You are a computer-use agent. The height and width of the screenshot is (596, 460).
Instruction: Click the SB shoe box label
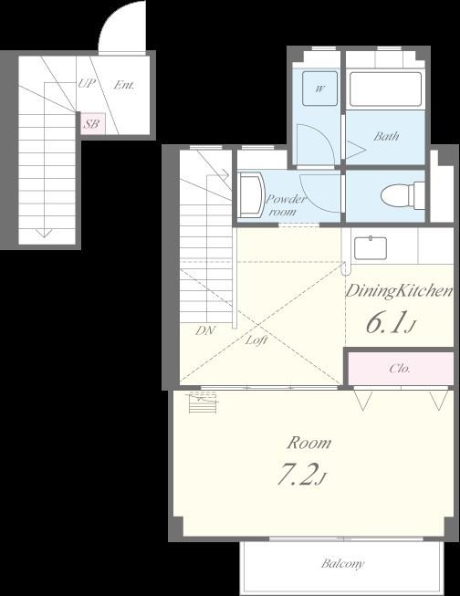(91, 124)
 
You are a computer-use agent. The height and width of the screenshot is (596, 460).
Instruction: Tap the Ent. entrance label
(124, 85)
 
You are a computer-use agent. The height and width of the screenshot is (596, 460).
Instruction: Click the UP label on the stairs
(87, 83)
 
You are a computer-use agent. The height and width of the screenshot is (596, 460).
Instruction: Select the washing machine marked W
(319, 89)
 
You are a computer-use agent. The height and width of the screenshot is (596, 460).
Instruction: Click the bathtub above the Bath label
(385, 89)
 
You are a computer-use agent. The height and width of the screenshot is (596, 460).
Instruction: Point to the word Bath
(386, 136)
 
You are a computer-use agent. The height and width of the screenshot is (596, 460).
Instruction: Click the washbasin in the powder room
(250, 195)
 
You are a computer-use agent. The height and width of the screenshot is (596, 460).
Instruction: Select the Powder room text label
(285, 204)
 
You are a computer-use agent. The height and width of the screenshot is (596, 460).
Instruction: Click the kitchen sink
(371, 248)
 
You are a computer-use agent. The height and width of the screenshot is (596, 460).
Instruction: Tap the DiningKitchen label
(399, 291)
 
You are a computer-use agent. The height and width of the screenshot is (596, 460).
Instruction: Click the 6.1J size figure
(391, 323)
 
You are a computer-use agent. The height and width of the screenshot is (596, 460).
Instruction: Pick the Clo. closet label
(400, 369)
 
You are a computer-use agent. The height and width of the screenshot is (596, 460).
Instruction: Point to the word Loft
(256, 340)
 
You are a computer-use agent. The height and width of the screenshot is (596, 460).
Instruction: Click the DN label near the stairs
(205, 330)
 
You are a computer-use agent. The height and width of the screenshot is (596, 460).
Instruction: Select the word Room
(309, 444)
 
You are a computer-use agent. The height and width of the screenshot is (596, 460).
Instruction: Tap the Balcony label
(342, 564)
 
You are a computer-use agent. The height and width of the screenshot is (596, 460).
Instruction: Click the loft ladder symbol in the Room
(204, 403)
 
